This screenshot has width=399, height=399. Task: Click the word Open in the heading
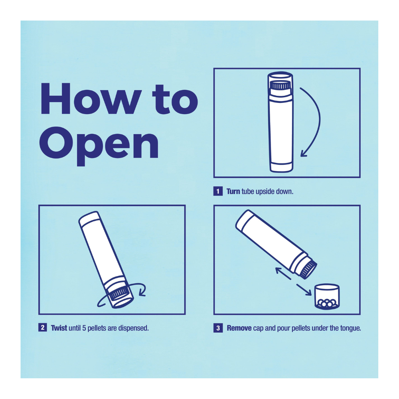point(99,146)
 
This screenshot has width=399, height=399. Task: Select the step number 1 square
point(218,191)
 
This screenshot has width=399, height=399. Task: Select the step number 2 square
point(43,328)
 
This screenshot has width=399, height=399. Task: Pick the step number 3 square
point(218,328)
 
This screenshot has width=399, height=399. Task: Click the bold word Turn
point(233,192)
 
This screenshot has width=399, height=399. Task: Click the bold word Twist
point(59,328)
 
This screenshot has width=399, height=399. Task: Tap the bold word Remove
point(239,328)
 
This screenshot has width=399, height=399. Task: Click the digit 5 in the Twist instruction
point(84,328)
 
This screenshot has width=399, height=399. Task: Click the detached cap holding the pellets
point(327,297)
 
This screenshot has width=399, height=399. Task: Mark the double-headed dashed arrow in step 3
point(293,281)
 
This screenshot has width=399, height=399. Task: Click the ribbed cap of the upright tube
point(280,85)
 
